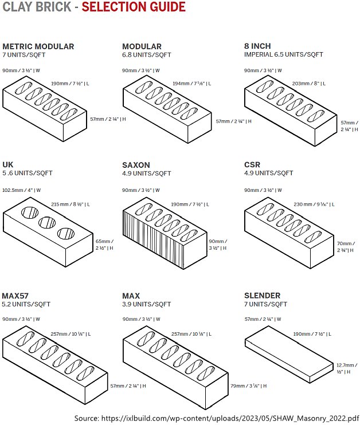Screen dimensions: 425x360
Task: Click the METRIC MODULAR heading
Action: coord(38,46)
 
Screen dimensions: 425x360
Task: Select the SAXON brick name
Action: coord(138,165)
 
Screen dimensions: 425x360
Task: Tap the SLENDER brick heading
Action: coord(262,296)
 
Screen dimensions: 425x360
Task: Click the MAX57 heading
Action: coord(15,296)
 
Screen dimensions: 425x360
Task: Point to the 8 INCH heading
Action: coord(257,46)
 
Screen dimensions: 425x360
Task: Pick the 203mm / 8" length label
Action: coord(308,84)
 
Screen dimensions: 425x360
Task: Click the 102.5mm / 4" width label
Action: coord(21,190)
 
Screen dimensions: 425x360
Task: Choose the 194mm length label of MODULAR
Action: coord(191,84)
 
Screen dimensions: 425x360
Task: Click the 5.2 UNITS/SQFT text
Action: coord(26,304)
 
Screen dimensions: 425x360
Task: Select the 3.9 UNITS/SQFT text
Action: coord(146,304)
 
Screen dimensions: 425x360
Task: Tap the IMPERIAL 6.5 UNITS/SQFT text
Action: coord(283,54)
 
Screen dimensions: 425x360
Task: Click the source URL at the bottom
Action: coord(217,418)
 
